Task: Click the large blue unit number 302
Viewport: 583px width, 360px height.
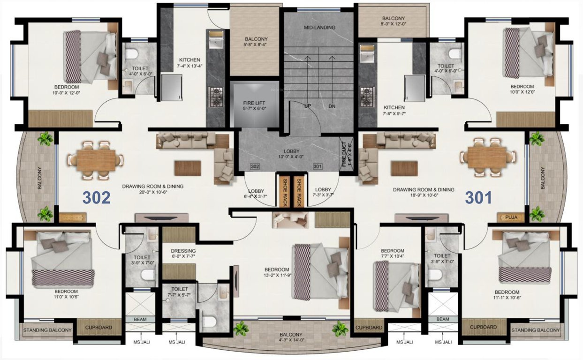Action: (97, 198)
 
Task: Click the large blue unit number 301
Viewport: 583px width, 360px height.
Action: (478, 198)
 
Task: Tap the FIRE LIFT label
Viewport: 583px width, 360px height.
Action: (254, 102)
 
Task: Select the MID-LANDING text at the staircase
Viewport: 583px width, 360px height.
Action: (319, 28)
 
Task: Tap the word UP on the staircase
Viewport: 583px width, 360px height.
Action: (308, 106)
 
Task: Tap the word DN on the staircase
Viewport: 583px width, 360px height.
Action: (332, 106)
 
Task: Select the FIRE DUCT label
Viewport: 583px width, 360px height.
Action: (347, 154)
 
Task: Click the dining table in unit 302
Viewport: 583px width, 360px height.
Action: (96, 160)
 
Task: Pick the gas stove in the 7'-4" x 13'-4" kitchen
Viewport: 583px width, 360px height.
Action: (217, 96)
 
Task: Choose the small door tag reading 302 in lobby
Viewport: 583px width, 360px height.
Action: (255, 166)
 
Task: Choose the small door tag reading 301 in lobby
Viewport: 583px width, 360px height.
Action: (318, 166)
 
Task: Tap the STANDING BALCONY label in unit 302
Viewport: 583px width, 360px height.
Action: (47, 330)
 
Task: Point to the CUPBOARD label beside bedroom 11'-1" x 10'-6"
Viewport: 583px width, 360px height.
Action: (483, 327)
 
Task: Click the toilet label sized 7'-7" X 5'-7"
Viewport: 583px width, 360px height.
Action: (180, 292)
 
